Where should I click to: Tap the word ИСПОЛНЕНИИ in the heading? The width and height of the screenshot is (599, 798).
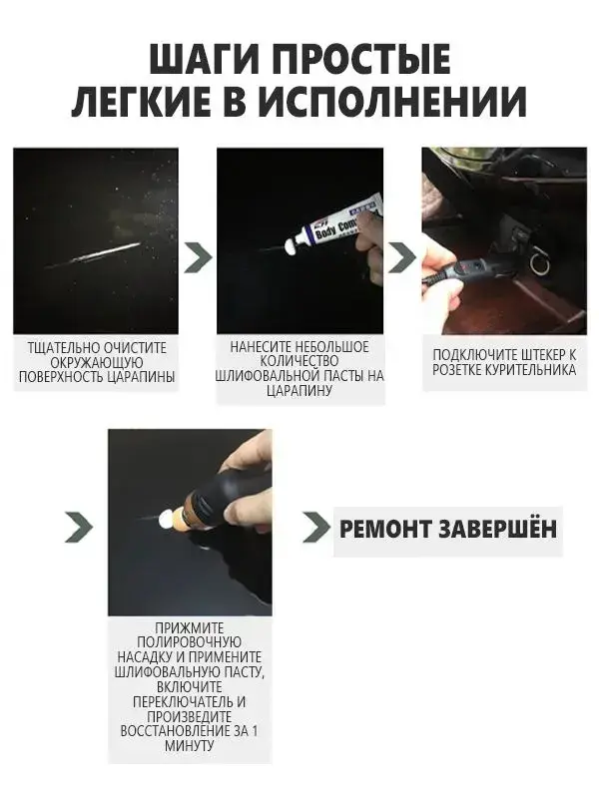click(392, 101)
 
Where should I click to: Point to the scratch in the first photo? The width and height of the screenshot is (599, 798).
click(93, 254)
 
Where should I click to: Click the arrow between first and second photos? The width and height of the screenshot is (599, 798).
click(198, 257)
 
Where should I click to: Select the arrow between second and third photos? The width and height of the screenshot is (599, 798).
click(402, 257)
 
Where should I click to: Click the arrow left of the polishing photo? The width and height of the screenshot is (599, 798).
click(79, 527)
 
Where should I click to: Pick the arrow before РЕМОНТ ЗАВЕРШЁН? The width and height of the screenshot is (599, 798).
click(316, 527)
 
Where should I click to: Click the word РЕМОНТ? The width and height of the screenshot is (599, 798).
click(385, 530)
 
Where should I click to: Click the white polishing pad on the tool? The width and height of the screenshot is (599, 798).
click(166, 519)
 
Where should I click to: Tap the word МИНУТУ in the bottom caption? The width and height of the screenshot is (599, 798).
click(190, 746)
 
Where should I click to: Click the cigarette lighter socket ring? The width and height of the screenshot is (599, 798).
click(538, 262)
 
